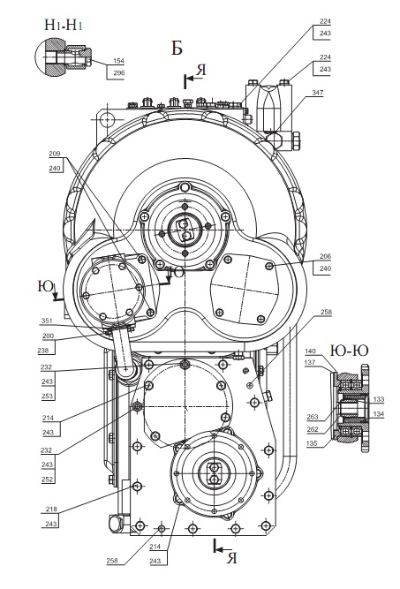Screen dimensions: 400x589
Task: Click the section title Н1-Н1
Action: click(x=64, y=25)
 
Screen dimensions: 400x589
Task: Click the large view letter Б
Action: click(x=177, y=48)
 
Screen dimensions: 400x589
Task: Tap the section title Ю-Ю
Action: click(x=349, y=351)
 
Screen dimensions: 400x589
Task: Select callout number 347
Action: click(x=317, y=93)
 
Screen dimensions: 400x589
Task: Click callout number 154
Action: click(x=118, y=61)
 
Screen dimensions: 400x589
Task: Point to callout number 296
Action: click(x=118, y=73)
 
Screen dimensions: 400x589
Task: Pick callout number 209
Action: click(x=55, y=154)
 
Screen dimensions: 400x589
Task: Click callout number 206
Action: click(x=325, y=256)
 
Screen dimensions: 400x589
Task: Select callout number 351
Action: click(x=47, y=321)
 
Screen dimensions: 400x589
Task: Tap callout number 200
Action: click(x=48, y=336)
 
